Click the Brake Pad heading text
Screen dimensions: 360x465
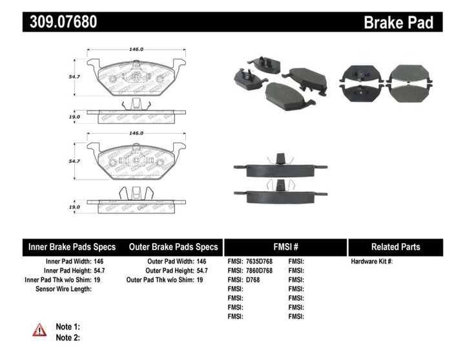(x=398, y=23)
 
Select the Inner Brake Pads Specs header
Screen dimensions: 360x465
(x=72, y=247)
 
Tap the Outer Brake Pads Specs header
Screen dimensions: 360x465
(x=173, y=247)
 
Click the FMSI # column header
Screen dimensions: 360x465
(x=285, y=247)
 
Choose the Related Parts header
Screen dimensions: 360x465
(x=395, y=247)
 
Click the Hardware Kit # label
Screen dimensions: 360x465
(x=371, y=262)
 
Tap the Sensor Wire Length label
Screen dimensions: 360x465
(x=63, y=289)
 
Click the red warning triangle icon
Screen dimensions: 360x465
(x=40, y=330)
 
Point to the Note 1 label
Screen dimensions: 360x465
(x=68, y=327)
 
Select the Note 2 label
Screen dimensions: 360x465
(x=68, y=337)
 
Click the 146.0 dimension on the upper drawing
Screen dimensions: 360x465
(x=136, y=48)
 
